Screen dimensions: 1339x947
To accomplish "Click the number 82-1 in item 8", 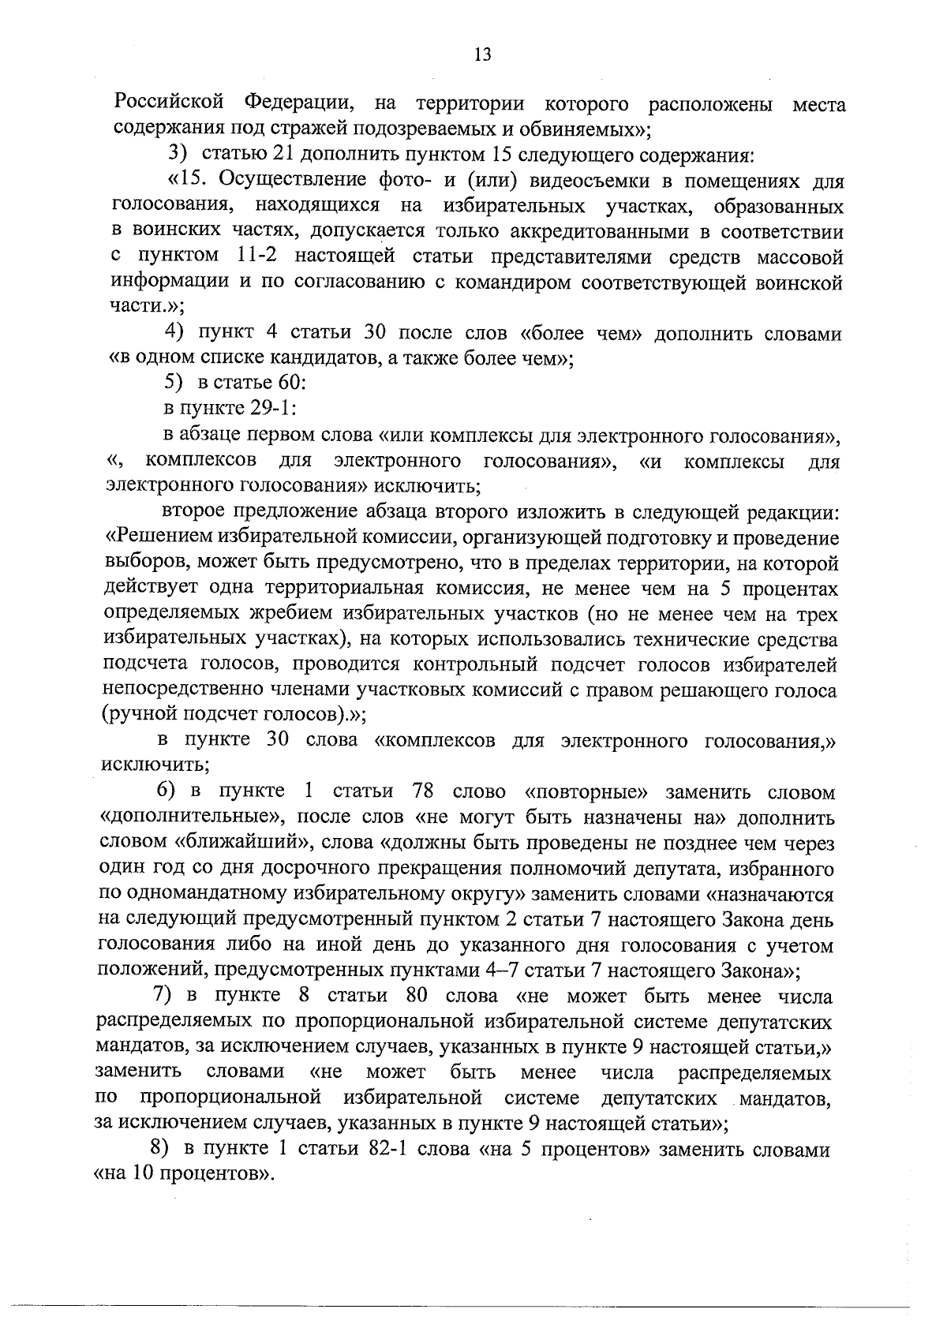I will [x=387, y=1150].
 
